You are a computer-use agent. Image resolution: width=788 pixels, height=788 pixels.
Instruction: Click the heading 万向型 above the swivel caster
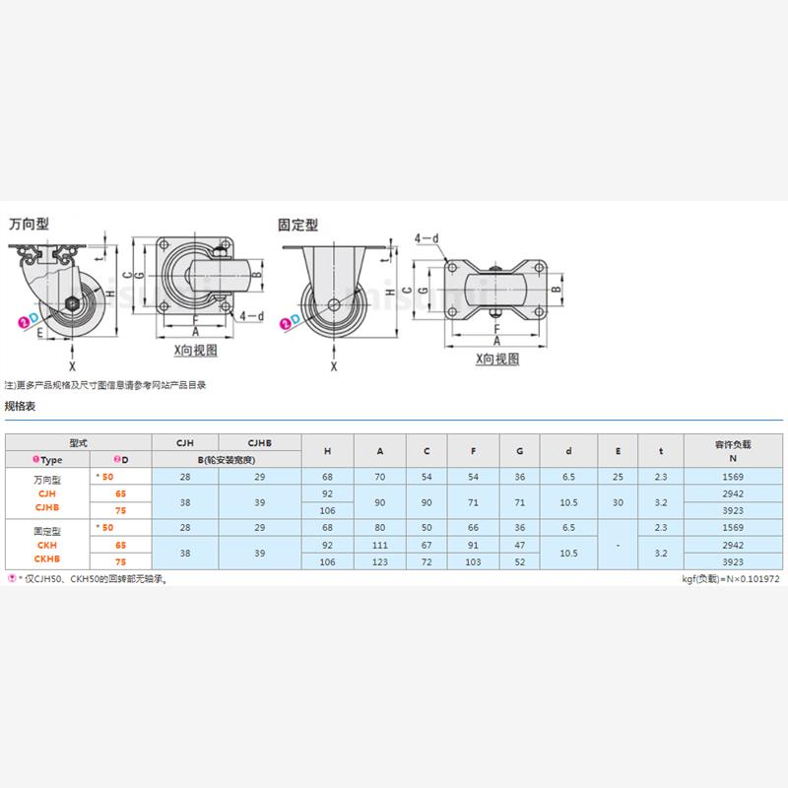(29, 224)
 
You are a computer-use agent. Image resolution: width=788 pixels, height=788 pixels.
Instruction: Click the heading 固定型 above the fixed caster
(298, 225)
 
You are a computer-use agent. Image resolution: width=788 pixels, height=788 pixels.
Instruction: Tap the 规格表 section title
(21, 406)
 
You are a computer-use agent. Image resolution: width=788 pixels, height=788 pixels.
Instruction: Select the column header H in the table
(327, 451)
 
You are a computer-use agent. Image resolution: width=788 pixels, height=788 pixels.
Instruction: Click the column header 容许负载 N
(732, 451)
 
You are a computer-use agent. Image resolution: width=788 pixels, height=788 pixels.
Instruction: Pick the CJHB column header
(259, 443)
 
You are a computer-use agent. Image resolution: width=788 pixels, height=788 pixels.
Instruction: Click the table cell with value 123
(380, 562)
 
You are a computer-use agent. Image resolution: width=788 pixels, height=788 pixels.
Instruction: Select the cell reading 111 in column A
(380, 545)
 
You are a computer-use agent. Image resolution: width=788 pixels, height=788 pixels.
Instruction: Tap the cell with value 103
(474, 562)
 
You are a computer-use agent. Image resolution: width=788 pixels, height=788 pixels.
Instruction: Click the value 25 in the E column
(618, 477)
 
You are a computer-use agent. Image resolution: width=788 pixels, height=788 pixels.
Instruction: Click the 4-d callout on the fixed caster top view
(426, 238)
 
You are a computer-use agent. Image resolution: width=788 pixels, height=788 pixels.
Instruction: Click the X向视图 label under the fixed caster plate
(496, 360)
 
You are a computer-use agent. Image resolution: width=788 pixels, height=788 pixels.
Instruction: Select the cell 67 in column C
(427, 545)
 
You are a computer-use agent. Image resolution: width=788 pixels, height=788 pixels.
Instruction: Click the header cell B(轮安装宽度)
(226, 460)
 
